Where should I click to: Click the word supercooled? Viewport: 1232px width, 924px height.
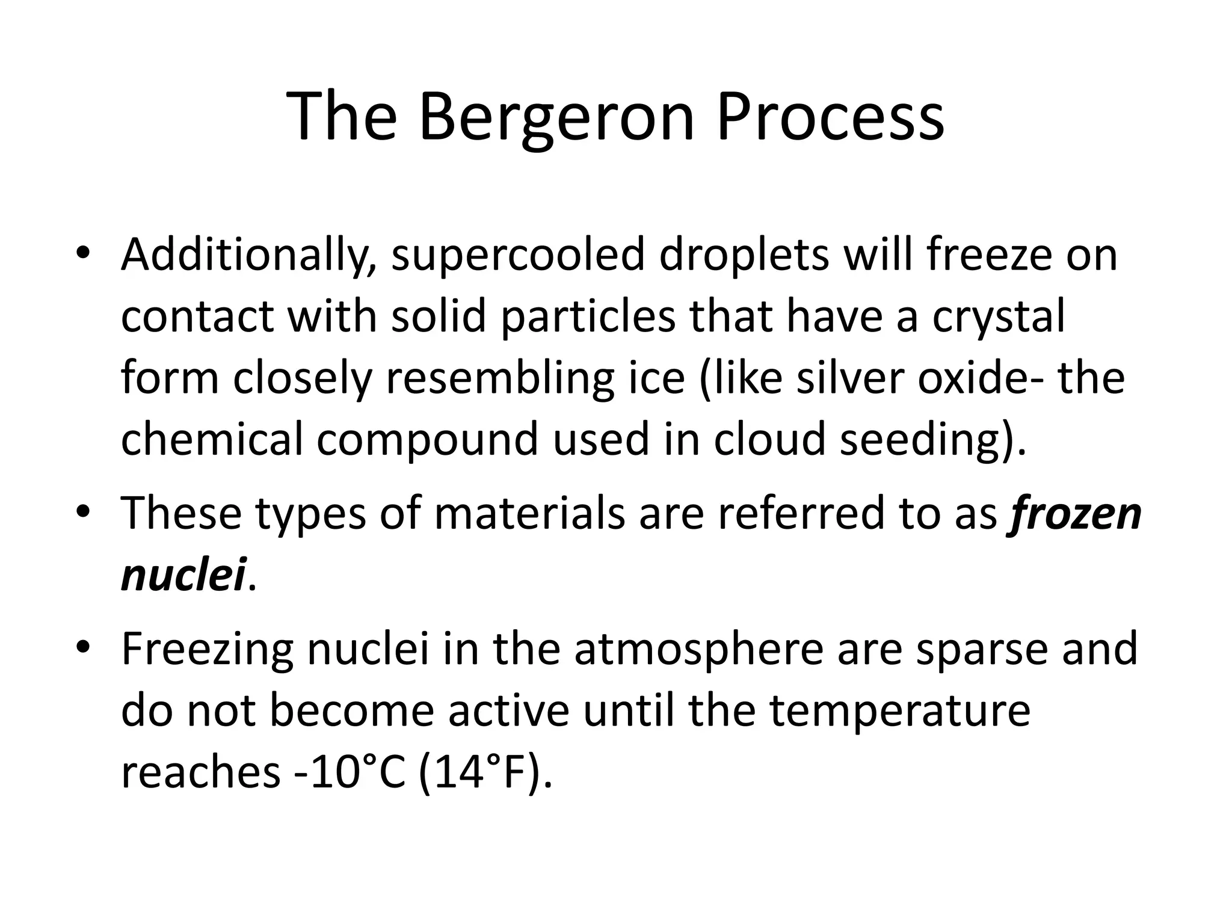[517, 256]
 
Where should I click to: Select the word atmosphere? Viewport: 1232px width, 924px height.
[698, 651]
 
